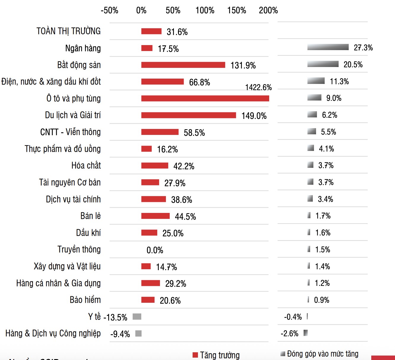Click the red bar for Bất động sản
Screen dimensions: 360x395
click(183, 65)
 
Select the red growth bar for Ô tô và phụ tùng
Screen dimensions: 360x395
click(205, 98)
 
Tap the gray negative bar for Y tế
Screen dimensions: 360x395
click(137, 317)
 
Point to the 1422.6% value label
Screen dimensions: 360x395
click(258, 87)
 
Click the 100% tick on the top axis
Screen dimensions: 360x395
click(205, 10)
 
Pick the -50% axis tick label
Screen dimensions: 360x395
click(110, 10)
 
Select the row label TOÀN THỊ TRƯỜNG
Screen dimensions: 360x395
click(69, 31)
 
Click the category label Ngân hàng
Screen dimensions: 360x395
click(83, 48)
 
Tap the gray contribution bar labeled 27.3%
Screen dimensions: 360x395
click(328, 47)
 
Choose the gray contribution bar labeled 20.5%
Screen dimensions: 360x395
click(323, 64)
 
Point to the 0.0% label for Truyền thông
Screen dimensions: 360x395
click(155, 250)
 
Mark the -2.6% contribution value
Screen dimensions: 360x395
click(289, 334)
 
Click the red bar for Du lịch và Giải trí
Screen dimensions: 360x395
click(188, 115)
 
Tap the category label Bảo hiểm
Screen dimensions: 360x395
click(85, 300)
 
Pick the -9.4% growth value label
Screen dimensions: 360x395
click(120, 334)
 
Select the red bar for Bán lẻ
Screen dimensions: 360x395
click(155, 216)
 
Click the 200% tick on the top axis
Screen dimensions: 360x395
click(268, 10)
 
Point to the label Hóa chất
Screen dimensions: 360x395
click(86, 165)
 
